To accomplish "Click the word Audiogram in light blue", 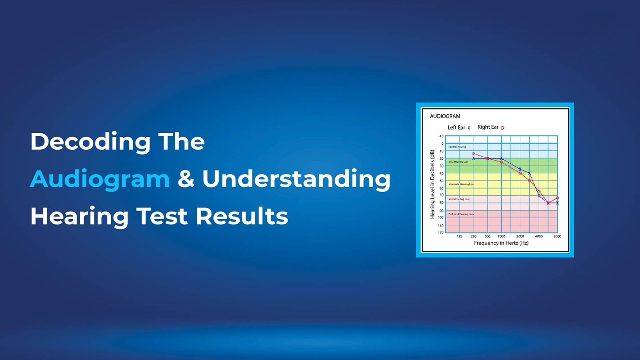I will (x=99, y=179).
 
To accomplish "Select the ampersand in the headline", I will (x=186, y=179).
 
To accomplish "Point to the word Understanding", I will (x=296, y=179).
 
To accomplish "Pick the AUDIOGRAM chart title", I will (x=445, y=116).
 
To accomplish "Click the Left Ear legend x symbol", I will (x=469, y=128).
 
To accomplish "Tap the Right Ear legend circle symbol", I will (x=502, y=128).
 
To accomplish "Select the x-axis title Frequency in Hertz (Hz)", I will (x=501, y=243).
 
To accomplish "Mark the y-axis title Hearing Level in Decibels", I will (x=433, y=184).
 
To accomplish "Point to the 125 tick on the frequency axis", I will (x=459, y=236).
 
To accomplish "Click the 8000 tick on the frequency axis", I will (x=557, y=236).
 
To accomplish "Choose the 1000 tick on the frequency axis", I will (x=501, y=236).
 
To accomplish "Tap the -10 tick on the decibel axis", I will (x=440, y=136).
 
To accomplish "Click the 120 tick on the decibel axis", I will (x=440, y=232).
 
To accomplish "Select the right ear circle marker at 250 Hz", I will (x=473, y=154).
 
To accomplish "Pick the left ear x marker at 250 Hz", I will (x=473, y=158).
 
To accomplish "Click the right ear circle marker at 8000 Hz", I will (x=557, y=198).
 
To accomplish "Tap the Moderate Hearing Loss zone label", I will (x=461, y=184).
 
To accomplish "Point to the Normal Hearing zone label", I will (x=457, y=147).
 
